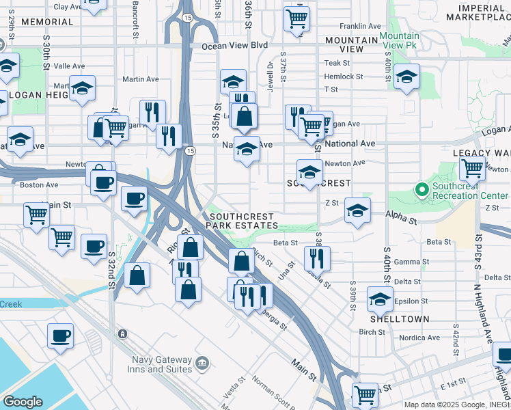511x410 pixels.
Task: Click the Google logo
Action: click(23, 402)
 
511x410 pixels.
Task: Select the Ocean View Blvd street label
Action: click(234, 46)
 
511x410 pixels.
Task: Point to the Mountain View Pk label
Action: click(400, 40)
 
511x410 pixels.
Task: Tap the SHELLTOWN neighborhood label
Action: click(400, 319)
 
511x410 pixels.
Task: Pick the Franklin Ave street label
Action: click(360, 26)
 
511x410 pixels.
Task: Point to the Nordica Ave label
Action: click(419, 338)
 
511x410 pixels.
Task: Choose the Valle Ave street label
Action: click(69, 66)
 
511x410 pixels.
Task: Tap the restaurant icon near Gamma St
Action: click(317, 258)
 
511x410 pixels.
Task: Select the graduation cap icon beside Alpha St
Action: click(357, 210)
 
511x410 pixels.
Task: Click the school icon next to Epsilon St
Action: click(380, 298)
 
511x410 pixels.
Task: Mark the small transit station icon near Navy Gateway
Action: click(122, 334)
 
